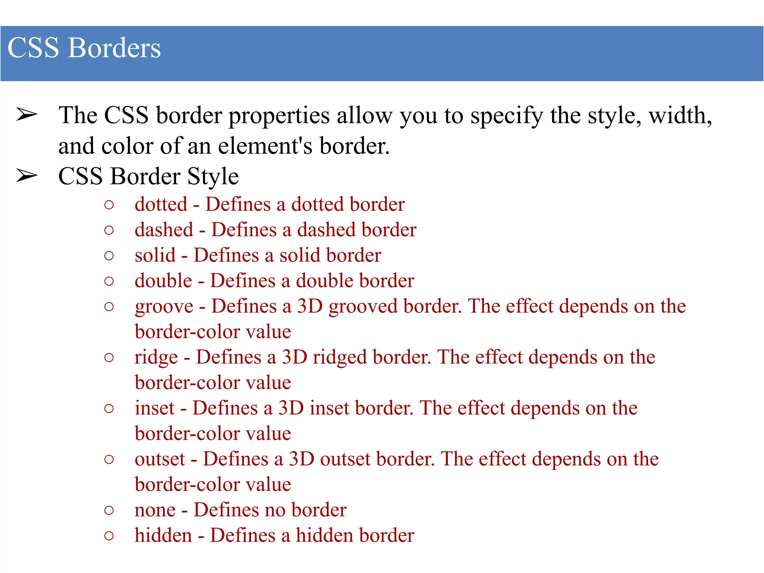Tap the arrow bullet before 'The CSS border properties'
coord(27,115)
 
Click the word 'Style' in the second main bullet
coord(213,177)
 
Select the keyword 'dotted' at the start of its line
coord(161,204)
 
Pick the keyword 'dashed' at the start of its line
coord(164,230)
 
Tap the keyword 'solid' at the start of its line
coord(155,256)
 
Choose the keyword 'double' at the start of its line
coord(163,281)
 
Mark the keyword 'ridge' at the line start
coord(156,358)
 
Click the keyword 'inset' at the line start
coord(154,408)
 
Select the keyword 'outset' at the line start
coord(160,459)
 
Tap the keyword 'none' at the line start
coord(155,510)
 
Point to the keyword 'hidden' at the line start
coord(163,535)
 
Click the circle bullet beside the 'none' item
coord(109,510)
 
